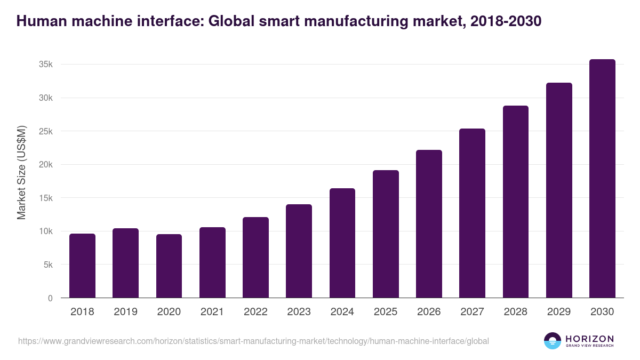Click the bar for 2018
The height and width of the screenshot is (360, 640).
pyautogui.click(x=82, y=266)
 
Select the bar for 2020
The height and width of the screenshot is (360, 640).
pyautogui.click(x=169, y=266)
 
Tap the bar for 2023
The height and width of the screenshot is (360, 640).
pyautogui.click(x=299, y=251)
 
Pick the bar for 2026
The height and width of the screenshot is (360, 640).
pyautogui.click(x=429, y=224)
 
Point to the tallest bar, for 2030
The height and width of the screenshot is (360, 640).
pyautogui.click(x=602, y=179)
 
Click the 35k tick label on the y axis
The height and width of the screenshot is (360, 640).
pyautogui.click(x=45, y=65)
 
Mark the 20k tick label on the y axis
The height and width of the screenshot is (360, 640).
pyautogui.click(x=45, y=165)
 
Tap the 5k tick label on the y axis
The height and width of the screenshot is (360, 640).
pyautogui.click(x=47, y=265)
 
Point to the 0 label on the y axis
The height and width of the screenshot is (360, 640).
pyautogui.click(x=50, y=298)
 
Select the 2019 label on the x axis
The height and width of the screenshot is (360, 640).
pyautogui.click(x=125, y=312)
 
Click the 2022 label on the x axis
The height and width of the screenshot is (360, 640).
pyautogui.click(x=255, y=312)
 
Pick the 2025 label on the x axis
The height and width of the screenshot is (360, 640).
pyautogui.click(x=386, y=312)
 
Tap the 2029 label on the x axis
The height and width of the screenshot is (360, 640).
pyautogui.click(x=559, y=312)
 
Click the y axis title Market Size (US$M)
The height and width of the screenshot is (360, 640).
pyautogui.click(x=21, y=172)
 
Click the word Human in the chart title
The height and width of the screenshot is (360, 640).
pyautogui.click(x=40, y=21)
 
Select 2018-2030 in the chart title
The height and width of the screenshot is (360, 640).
pyautogui.click(x=506, y=21)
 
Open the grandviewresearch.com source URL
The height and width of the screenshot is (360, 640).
pyautogui.click(x=253, y=341)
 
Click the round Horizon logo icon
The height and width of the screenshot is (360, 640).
pyautogui.click(x=553, y=341)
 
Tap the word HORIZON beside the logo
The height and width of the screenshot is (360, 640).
pyautogui.click(x=590, y=338)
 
